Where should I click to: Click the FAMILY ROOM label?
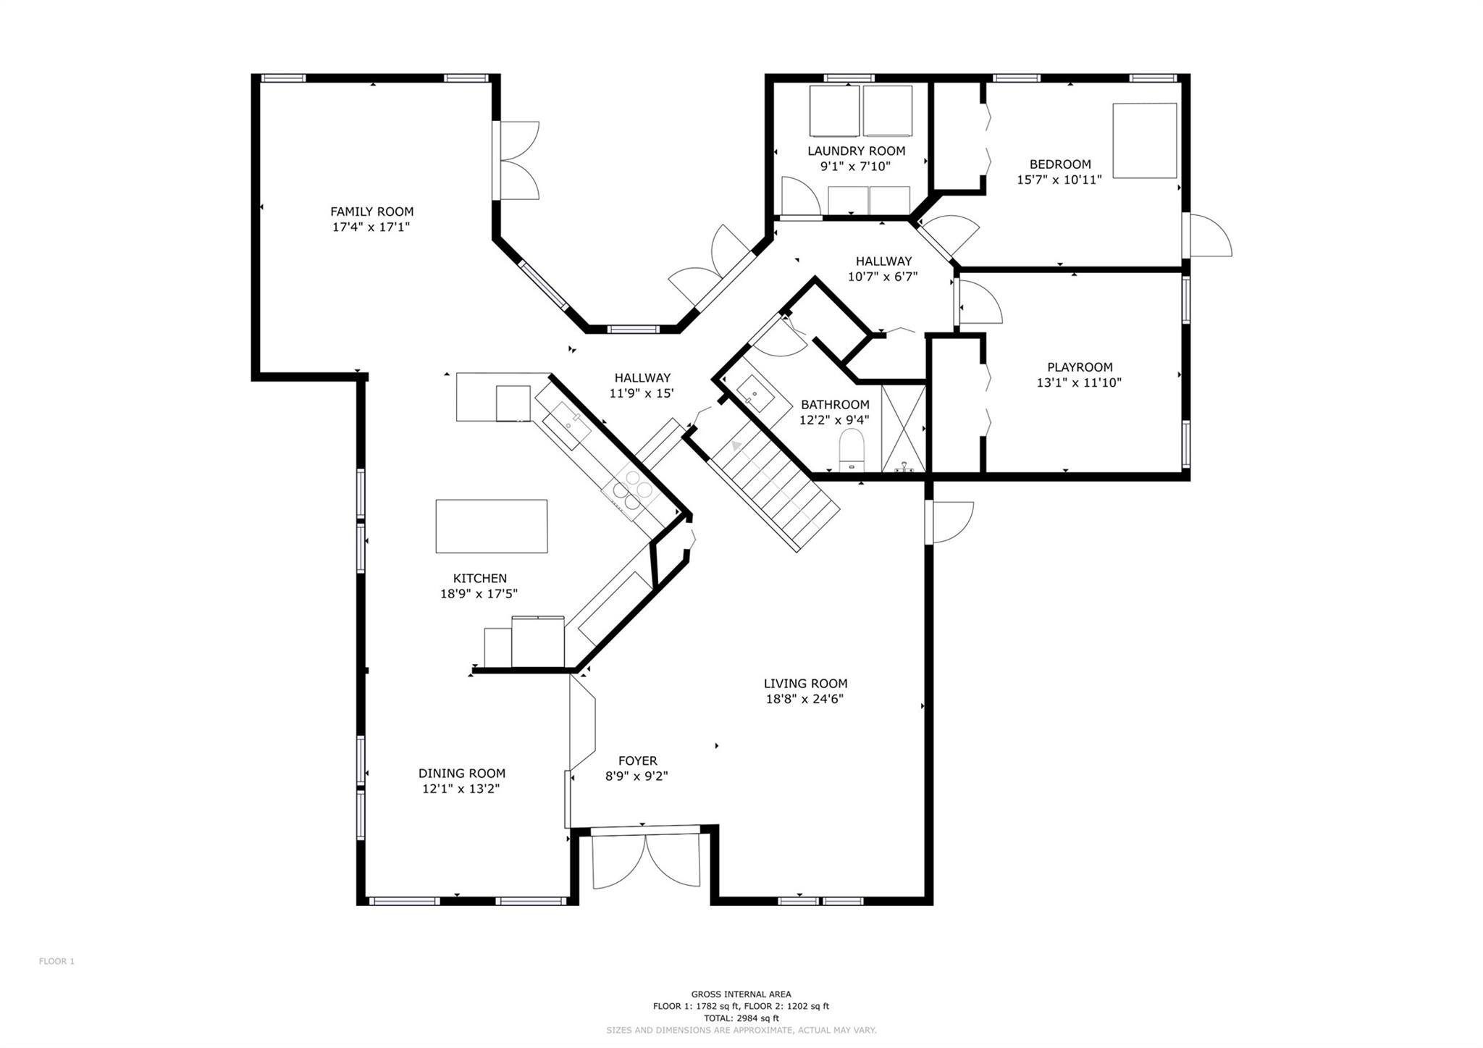[371, 211]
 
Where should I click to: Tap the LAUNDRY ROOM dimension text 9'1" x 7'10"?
[855, 166]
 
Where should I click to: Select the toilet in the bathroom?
[852, 450]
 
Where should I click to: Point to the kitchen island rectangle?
[491, 527]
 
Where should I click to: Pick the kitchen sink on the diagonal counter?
[566, 426]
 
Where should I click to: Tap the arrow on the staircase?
[736, 445]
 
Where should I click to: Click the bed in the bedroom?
[1144, 141]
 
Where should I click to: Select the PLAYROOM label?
[1079, 367]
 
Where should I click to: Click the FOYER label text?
[637, 760]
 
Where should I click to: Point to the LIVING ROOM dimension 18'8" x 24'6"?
[804, 699]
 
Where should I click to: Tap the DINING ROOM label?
[461, 774]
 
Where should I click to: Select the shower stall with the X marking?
[904, 428]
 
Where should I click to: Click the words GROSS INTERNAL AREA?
[741, 994]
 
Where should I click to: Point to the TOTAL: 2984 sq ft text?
[741, 1018]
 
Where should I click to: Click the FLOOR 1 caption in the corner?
[56, 962]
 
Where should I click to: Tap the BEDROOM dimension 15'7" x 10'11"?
[1059, 180]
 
